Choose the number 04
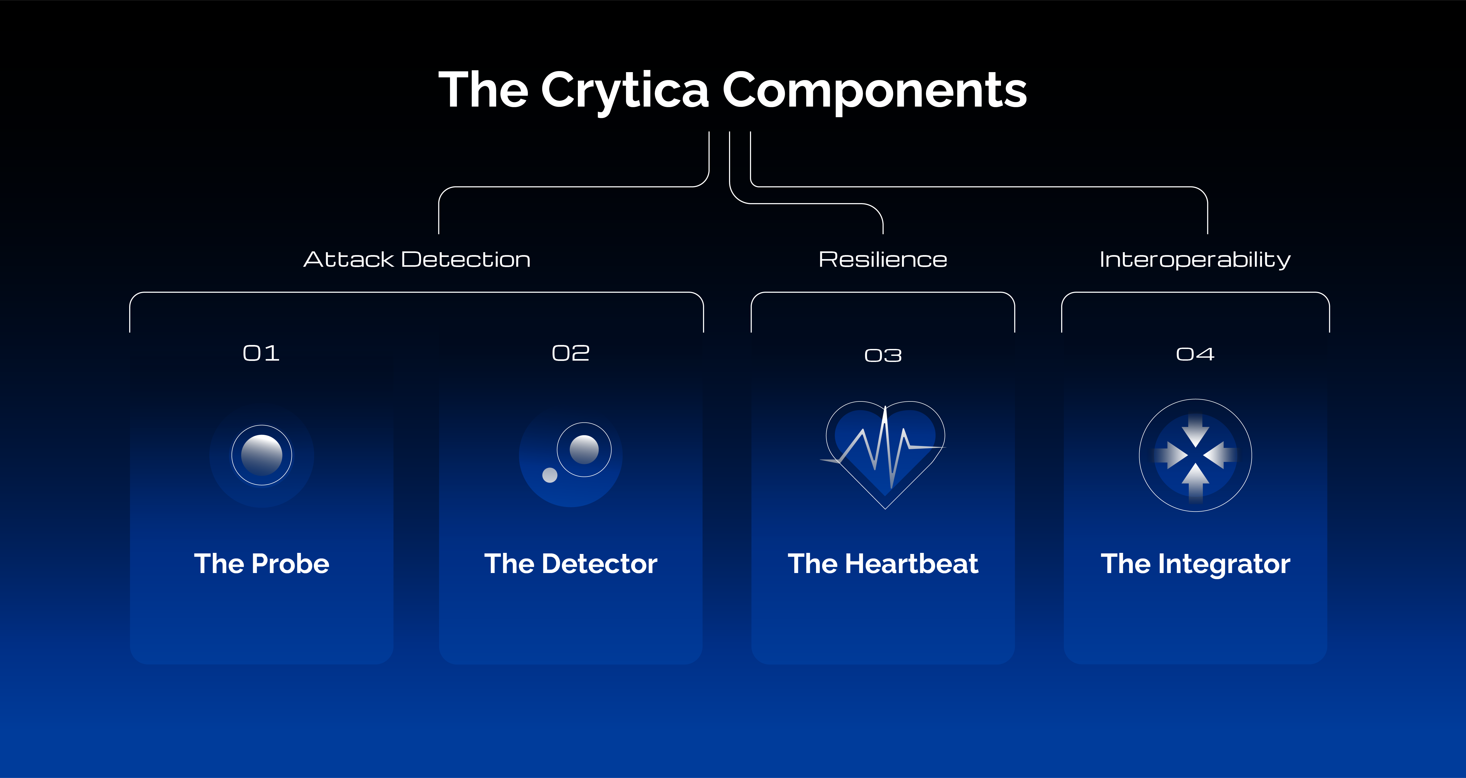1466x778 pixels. pyautogui.click(x=1195, y=354)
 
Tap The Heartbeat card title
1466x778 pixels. pyautogui.click(x=883, y=563)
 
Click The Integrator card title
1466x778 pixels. pyautogui.click(x=1195, y=563)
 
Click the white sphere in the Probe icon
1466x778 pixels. pyautogui.click(x=262, y=455)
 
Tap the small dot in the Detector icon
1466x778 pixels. pyautogui.click(x=550, y=475)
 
